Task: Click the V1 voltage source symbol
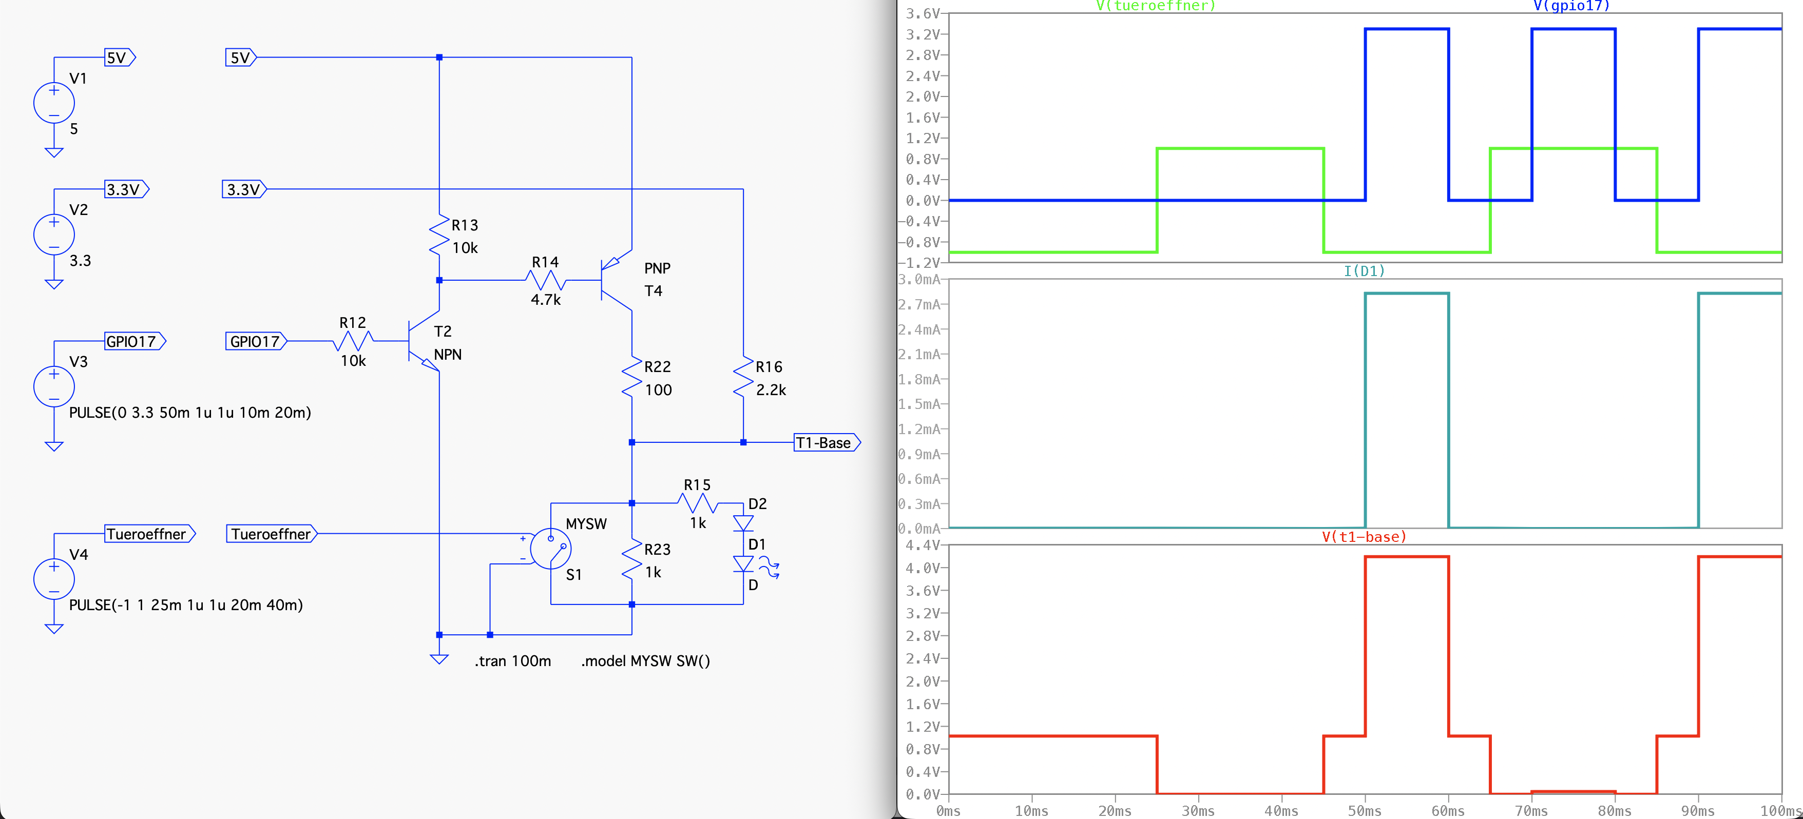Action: (x=54, y=103)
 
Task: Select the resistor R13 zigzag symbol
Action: (x=439, y=236)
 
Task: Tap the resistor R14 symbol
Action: (x=545, y=281)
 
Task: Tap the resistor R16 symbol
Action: (x=743, y=378)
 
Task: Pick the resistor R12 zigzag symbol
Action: (x=353, y=341)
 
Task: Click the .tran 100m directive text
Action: (x=512, y=661)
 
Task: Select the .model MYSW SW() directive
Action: (x=645, y=661)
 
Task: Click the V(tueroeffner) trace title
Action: (x=1156, y=6)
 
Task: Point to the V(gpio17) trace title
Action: (x=1571, y=6)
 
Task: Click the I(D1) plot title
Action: (x=1364, y=270)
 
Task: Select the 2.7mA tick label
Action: (x=919, y=305)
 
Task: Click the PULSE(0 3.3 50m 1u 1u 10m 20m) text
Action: (x=189, y=413)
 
